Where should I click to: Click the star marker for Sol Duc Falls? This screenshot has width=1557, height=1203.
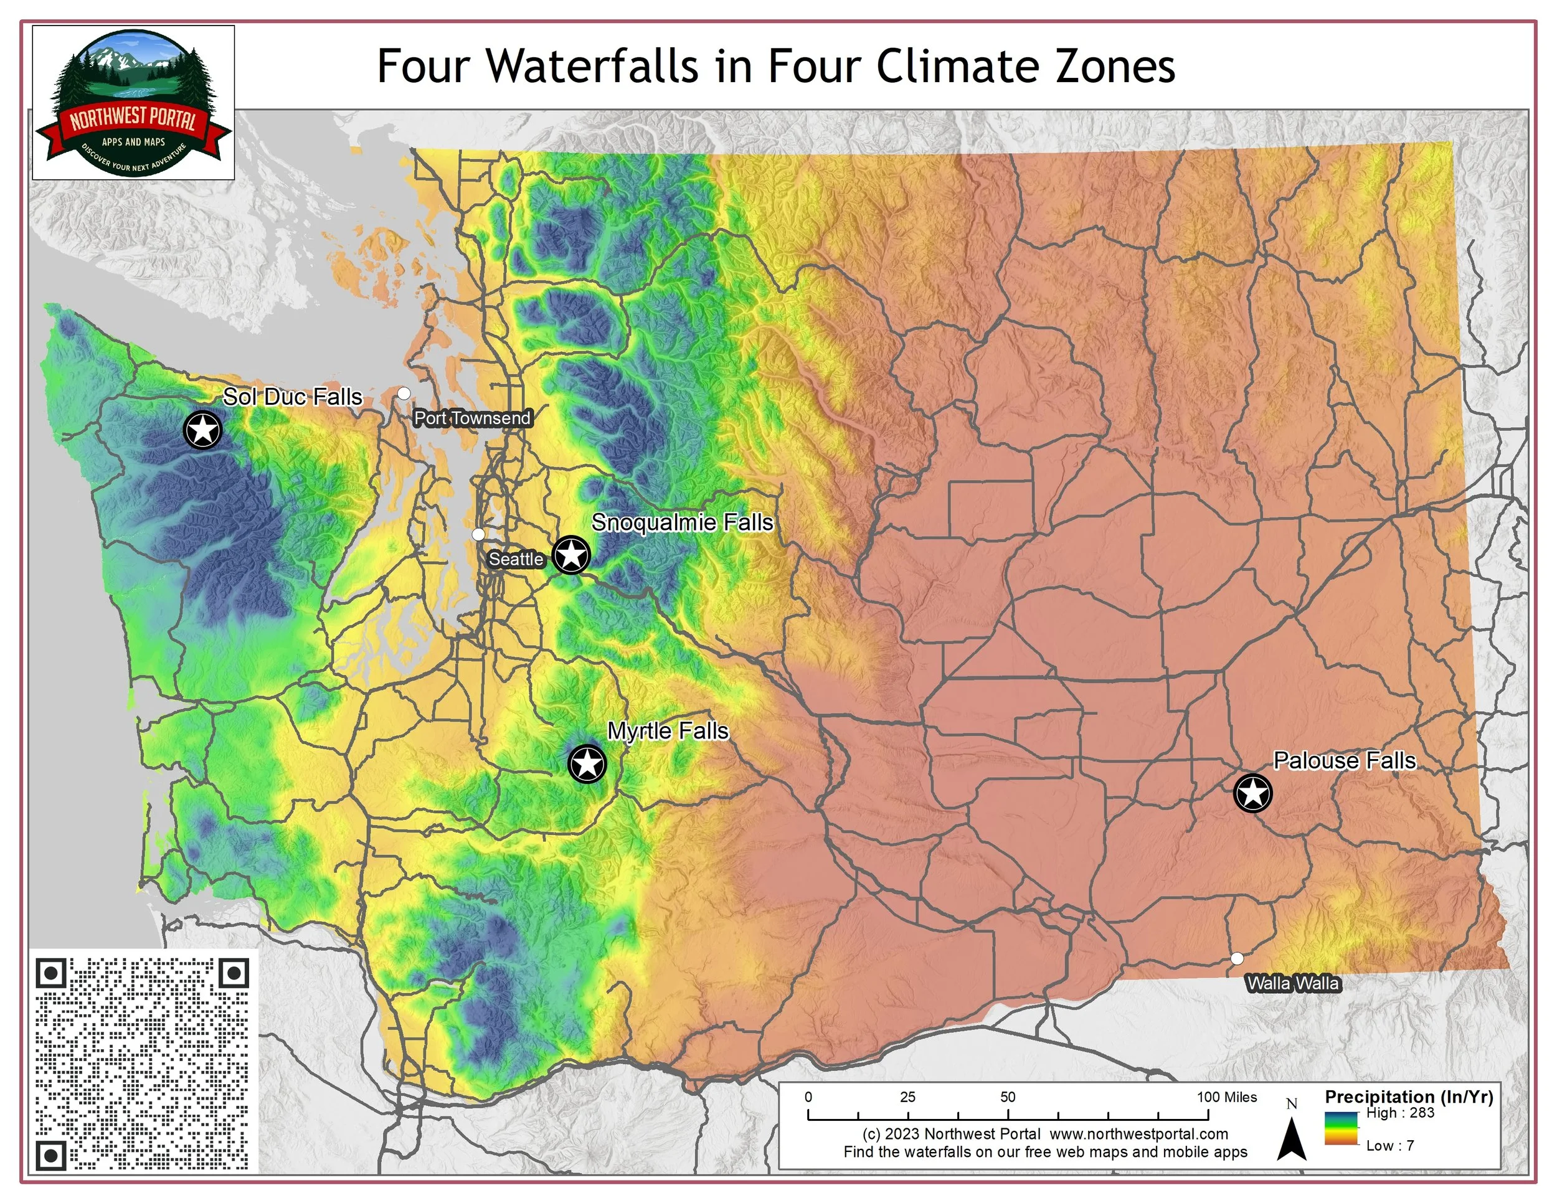tap(203, 430)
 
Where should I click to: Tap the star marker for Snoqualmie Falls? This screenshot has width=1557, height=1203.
tap(571, 554)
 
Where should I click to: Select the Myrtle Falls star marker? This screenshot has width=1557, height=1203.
tap(587, 764)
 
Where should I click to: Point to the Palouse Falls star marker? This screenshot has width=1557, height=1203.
tap(1252, 793)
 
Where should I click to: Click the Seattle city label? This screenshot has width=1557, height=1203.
tap(516, 559)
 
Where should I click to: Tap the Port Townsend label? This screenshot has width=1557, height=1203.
tap(472, 418)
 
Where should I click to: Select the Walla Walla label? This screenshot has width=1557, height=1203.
tap(1293, 983)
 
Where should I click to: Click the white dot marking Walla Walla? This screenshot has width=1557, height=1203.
tap(1237, 958)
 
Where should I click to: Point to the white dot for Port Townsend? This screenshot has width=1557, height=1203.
tap(404, 394)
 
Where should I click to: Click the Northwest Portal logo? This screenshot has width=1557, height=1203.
tap(134, 103)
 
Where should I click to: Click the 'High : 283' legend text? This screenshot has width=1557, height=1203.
tap(1399, 1113)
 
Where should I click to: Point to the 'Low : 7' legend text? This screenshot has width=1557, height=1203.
tap(1389, 1146)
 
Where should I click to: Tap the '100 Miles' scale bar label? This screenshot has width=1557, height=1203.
tap(1227, 1097)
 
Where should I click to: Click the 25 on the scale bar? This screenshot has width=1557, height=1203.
tap(907, 1097)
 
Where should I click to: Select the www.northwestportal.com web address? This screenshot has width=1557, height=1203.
tap(1138, 1134)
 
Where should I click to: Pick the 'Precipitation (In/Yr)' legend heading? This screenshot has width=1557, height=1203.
tap(1409, 1097)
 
